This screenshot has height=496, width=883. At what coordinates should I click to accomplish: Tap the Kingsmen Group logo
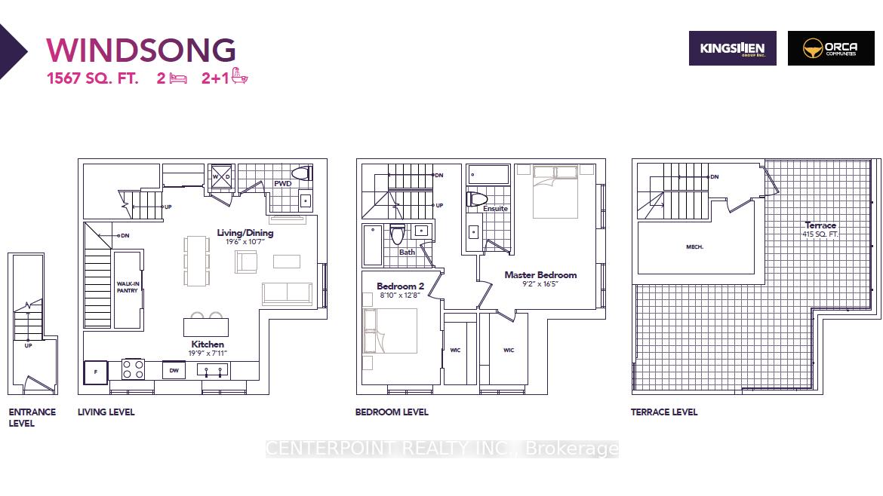(x=732, y=48)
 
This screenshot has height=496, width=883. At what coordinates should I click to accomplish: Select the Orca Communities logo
(x=831, y=48)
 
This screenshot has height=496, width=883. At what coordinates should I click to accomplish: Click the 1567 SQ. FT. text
(x=92, y=78)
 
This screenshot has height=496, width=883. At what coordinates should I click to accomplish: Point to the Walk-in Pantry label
(x=128, y=286)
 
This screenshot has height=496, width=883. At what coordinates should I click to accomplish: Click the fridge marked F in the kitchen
(x=96, y=372)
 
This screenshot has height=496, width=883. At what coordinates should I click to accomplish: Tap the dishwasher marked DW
(x=174, y=370)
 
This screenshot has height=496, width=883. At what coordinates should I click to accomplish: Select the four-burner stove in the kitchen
(x=134, y=369)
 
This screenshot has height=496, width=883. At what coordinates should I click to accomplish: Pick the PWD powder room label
(x=283, y=183)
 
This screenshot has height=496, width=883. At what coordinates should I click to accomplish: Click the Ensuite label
(x=496, y=209)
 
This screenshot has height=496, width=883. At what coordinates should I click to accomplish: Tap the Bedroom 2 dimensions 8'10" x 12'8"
(x=400, y=295)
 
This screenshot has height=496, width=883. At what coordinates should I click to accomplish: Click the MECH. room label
(x=694, y=247)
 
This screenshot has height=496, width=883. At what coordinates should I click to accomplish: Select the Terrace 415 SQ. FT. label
(x=820, y=229)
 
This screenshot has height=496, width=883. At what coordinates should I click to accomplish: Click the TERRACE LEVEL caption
(x=664, y=412)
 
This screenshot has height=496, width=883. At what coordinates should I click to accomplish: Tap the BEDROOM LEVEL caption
(x=392, y=412)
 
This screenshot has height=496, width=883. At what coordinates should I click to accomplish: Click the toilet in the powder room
(x=301, y=173)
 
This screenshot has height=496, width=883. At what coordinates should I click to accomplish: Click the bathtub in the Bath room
(x=373, y=245)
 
